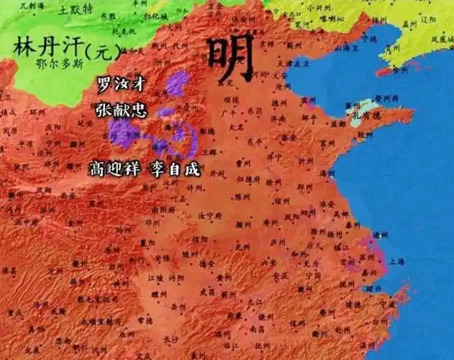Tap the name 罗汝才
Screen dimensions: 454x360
click(x=120, y=84)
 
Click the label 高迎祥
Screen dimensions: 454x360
click(x=115, y=169)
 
